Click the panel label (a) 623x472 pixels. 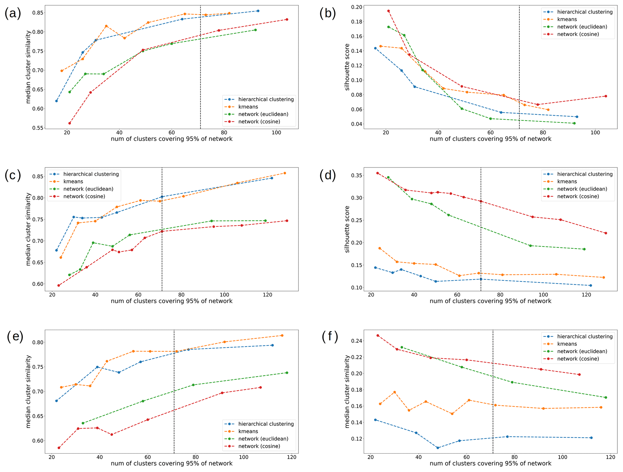[x=13, y=14]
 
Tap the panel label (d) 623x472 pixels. [x=328, y=175]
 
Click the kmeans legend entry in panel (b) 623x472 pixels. [x=567, y=19]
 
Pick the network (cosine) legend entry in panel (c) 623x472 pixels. [x=84, y=196]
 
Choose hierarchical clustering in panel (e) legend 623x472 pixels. [x=266, y=424]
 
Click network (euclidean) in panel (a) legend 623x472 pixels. [x=263, y=114]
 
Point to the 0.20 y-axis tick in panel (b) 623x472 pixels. [x=357, y=7]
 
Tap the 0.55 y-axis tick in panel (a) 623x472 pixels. [x=38, y=128]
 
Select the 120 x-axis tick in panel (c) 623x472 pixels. [x=267, y=295]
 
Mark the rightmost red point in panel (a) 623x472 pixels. [x=287, y=20]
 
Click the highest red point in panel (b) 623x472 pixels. [x=389, y=11]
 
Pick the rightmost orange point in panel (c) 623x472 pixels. [x=285, y=173]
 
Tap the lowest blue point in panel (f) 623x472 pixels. [x=438, y=448]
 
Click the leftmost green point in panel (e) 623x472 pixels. [x=83, y=423]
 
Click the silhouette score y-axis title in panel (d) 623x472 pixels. [x=347, y=229]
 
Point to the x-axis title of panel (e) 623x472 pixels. [x=171, y=464]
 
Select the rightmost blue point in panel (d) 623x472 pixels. [x=590, y=285]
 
